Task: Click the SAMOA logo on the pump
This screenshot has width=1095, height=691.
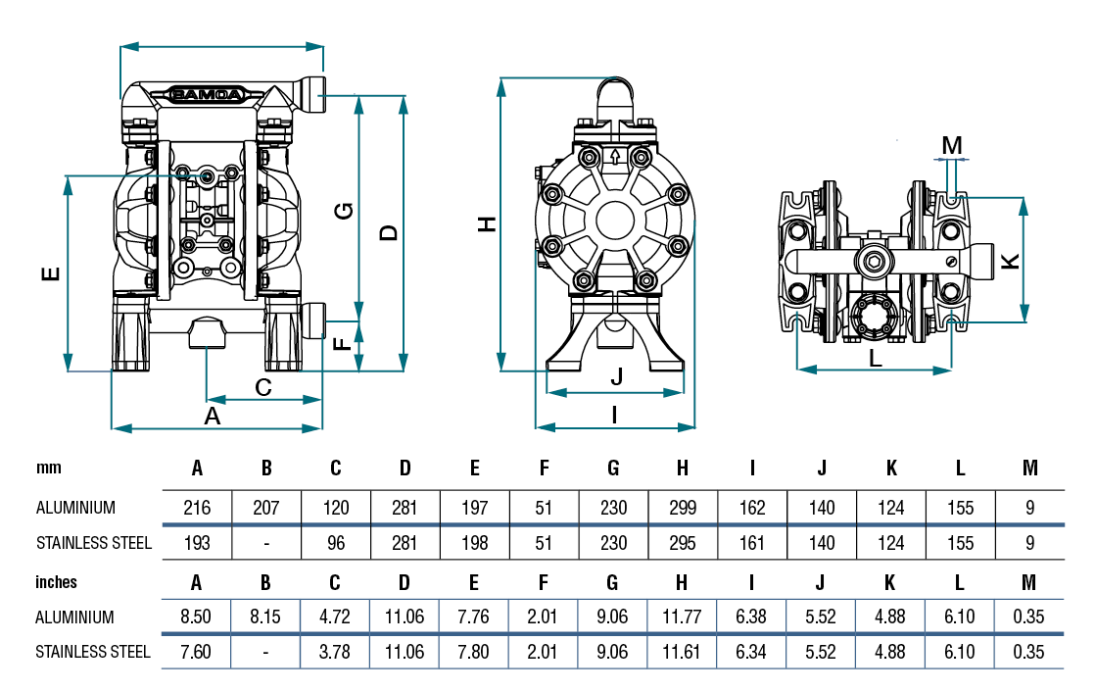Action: [x=209, y=95]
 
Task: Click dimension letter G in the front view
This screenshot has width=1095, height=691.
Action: [x=344, y=212]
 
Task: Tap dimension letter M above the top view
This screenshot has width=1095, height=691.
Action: [x=952, y=145]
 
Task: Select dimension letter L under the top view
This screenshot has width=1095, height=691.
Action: [x=876, y=358]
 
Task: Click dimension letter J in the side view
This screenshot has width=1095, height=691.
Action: [x=616, y=376]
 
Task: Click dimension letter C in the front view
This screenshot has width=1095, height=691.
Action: [x=263, y=387]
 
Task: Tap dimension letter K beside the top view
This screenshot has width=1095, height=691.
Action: [x=1011, y=262]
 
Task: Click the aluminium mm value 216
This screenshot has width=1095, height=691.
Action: [x=197, y=508]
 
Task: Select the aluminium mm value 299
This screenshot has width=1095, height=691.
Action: [x=683, y=508]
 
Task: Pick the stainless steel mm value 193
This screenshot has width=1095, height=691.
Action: [x=197, y=543]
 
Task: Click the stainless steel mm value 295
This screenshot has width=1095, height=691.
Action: [x=683, y=543]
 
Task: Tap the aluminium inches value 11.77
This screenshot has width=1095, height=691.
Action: [x=683, y=617]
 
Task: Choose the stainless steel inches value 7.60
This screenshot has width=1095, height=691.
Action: [x=197, y=652]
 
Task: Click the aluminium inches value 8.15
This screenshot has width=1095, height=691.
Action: [x=265, y=617]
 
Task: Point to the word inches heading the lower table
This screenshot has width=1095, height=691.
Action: [x=57, y=582]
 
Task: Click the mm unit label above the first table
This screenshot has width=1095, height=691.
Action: [x=49, y=469]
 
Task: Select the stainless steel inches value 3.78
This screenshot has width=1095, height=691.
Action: [x=335, y=652]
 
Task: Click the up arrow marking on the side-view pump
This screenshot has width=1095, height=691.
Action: [x=615, y=156]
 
